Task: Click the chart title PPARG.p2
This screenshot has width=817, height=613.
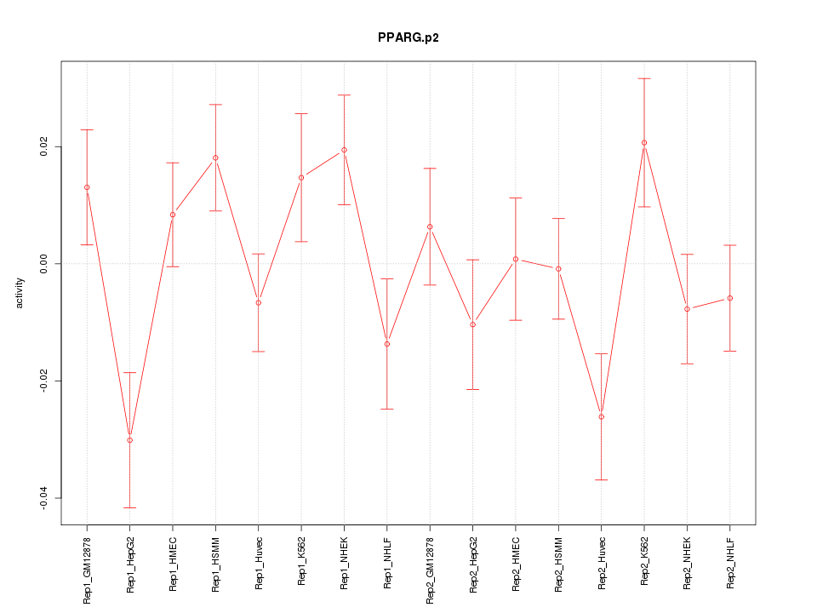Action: point(408,37)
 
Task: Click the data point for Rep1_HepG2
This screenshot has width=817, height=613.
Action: point(129,440)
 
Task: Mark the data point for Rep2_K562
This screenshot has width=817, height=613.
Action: point(644,143)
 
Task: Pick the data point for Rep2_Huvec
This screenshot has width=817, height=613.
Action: point(601,416)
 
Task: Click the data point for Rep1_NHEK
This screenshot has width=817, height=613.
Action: point(344,150)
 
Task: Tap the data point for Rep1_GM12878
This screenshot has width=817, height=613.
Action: point(87,187)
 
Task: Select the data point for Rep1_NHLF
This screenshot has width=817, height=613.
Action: point(387,344)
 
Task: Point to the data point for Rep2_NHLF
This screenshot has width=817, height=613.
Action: point(730,298)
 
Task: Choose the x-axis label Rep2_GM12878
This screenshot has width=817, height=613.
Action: point(430,570)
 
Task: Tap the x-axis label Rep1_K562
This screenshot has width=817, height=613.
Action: point(301,562)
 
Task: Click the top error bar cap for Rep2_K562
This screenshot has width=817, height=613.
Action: point(644,78)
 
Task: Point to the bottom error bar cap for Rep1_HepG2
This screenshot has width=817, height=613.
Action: point(129,507)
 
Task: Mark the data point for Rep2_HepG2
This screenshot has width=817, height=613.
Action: point(472,324)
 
